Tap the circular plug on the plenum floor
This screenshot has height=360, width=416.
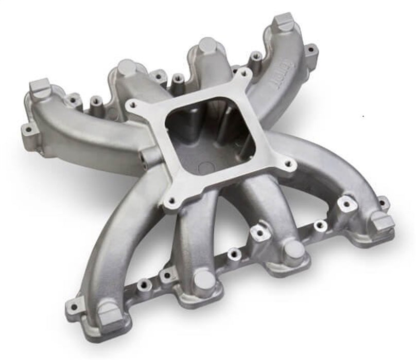pyautogui.click(x=204, y=168)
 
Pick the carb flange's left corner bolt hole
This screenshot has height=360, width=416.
pyautogui.click(x=133, y=105)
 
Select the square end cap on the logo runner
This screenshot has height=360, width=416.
pyautogui.click(x=283, y=23)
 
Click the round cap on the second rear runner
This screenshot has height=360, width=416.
pyautogui.click(x=126, y=67)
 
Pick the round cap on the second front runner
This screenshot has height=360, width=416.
pyautogui.click(x=204, y=280)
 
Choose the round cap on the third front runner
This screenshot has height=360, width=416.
pyautogui.click(x=294, y=249)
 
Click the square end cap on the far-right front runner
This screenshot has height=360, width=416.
pyautogui.click(x=383, y=221)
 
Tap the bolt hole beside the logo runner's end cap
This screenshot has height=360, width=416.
pyautogui.click(x=309, y=50)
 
